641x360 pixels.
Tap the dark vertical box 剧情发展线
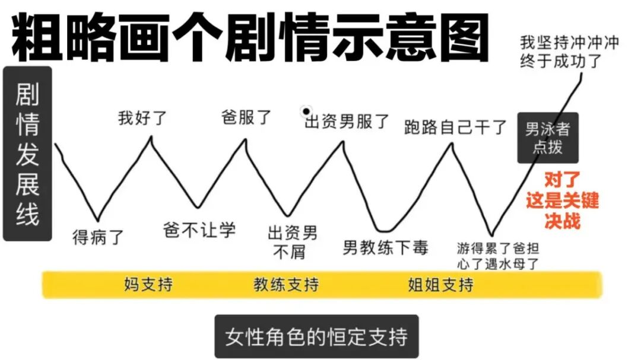pyautogui.click(x=27, y=153)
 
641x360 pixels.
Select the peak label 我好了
pyautogui.click(x=142, y=117)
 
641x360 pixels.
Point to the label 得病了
pyautogui.click(x=98, y=237)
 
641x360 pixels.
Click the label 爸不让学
pyautogui.click(x=199, y=230)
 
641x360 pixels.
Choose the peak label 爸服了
pyautogui.click(x=246, y=116)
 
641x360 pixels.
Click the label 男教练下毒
pyautogui.click(x=385, y=247)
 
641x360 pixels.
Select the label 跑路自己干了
pyautogui.click(x=455, y=126)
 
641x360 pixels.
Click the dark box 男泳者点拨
pyautogui.click(x=547, y=138)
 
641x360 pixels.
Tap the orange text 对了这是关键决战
pyautogui.click(x=561, y=200)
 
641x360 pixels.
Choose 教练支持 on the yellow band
pyautogui.click(x=286, y=285)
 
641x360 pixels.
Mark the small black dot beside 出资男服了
pyautogui.click(x=306, y=111)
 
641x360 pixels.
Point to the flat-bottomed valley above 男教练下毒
pyautogui.click(x=386, y=230)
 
